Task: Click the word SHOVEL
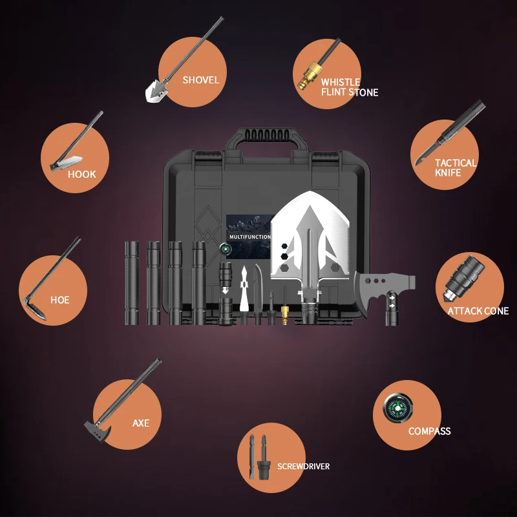pos(201,80)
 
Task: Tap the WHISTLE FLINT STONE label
pos(350,87)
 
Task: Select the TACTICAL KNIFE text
pos(456,168)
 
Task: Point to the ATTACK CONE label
pos(478,311)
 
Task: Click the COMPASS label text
pos(429,431)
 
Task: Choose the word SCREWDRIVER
pos(303,466)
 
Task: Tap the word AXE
pos(141,423)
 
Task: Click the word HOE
pos(59,300)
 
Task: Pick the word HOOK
pos(82,174)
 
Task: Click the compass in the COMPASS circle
pos(397,408)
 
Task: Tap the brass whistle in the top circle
pos(310,75)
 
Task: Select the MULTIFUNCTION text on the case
pos(249,237)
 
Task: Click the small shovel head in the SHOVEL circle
pos(156,90)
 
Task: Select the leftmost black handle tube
pos(132,283)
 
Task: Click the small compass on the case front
pos(225,249)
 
